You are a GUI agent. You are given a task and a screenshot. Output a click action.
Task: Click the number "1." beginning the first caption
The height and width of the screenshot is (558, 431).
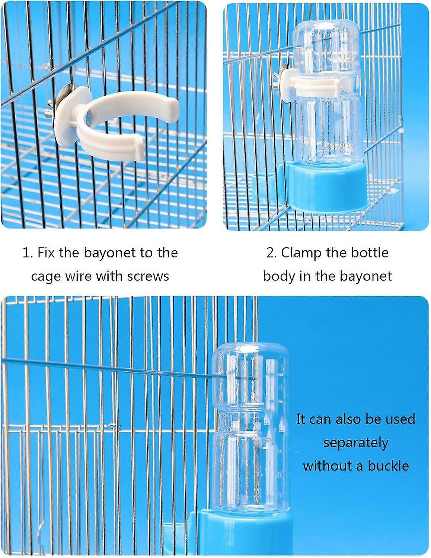(x=28, y=253)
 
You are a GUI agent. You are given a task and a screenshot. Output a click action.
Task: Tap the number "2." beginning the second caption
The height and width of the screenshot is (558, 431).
(x=271, y=253)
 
